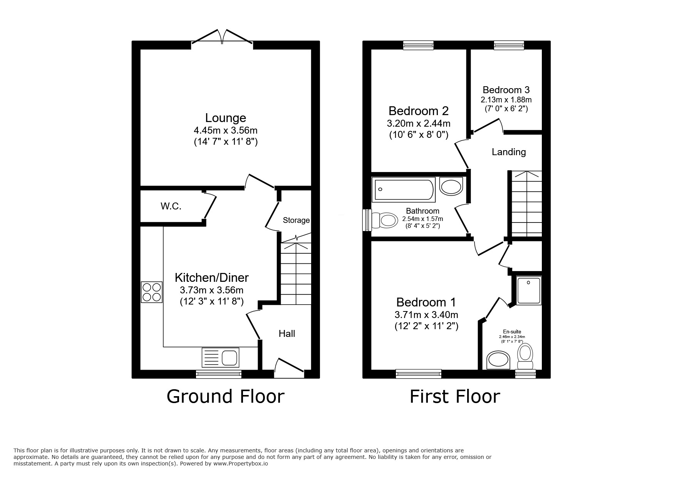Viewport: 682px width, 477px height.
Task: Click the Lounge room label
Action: tap(225, 118)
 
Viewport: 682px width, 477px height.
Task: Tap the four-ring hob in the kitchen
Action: tap(151, 292)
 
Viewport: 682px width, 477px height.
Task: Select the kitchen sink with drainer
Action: tap(220, 358)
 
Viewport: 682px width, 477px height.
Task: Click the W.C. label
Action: tap(171, 206)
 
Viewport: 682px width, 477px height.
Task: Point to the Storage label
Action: tap(296, 220)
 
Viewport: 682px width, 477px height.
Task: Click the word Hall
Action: tap(287, 334)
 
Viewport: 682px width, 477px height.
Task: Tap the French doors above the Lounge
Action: tap(222, 38)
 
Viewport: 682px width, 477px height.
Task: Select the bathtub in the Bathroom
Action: tap(403, 189)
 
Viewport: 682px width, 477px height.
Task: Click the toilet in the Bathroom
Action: tap(385, 221)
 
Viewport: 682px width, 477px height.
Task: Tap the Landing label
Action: tap(509, 152)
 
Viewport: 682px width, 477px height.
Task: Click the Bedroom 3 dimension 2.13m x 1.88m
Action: tap(506, 100)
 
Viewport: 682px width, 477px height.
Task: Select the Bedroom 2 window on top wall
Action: tap(418, 45)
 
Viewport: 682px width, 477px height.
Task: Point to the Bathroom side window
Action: tap(367, 220)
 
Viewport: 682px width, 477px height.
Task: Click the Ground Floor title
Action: tap(225, 397)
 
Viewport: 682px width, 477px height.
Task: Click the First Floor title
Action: tap(454, 397)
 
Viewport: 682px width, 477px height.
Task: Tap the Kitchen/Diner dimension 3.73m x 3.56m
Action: tap(211, 290)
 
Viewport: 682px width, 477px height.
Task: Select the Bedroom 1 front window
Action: tap(418, 373)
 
